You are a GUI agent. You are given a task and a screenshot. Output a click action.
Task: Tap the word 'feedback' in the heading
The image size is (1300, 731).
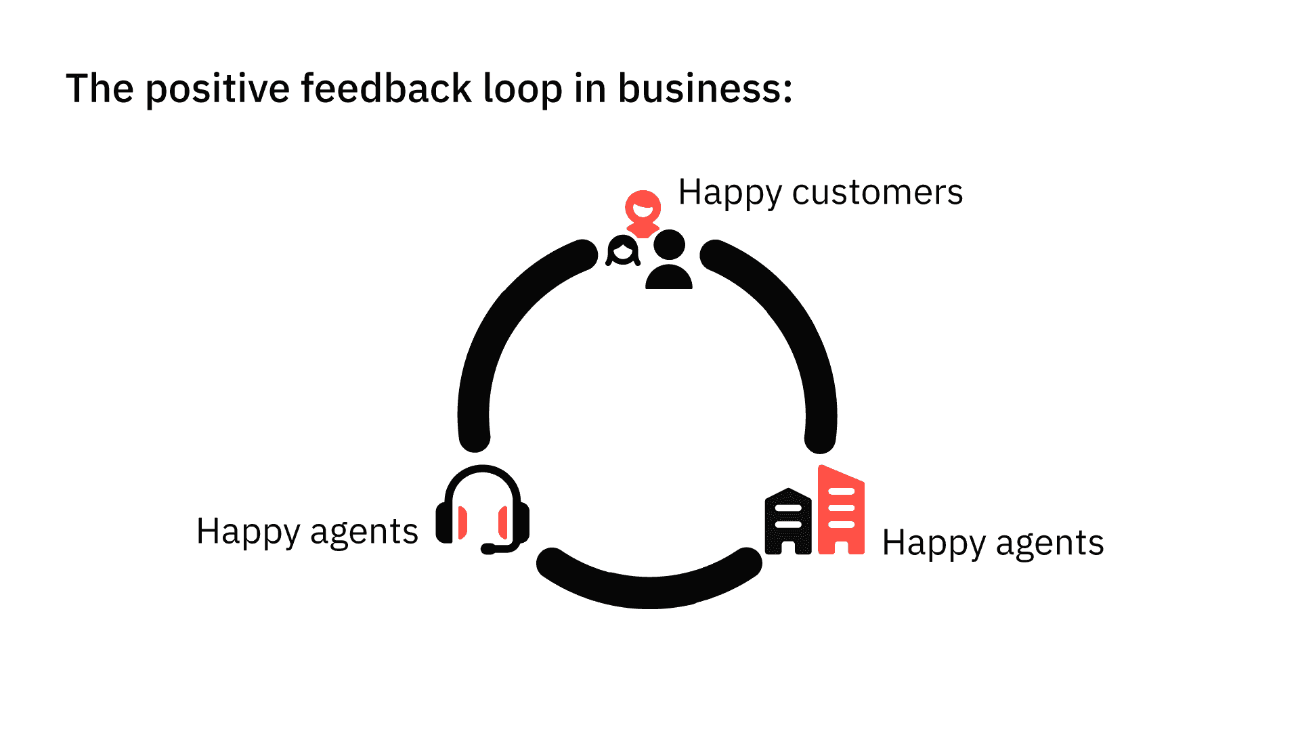coord(386,89)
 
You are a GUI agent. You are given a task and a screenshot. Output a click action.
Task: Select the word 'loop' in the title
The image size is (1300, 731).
coord(522,89)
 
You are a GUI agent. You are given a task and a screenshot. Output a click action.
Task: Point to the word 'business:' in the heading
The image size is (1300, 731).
coord(705,89)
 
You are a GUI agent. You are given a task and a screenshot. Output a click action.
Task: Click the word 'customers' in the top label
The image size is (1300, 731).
coord(877,192)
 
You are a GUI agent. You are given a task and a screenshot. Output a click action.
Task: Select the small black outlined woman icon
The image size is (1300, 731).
coord(623,251)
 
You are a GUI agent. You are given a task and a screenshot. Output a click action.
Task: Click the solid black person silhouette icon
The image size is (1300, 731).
coord(669,261)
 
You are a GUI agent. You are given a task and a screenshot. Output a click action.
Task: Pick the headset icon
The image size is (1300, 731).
coord(482,508)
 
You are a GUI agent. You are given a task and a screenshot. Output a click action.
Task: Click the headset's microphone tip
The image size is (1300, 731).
coord(487,549)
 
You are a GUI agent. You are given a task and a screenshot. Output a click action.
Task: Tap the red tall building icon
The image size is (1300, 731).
coord(841,512)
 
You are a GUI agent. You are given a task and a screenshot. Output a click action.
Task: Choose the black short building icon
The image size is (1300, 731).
coord(788,521)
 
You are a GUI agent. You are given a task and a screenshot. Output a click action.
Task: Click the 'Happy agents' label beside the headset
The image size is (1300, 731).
coord(307,531)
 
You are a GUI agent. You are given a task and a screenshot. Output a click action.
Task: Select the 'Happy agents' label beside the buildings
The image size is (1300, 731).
coord(993,543)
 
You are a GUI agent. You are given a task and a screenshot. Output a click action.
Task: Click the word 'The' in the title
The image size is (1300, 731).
coord(100,89)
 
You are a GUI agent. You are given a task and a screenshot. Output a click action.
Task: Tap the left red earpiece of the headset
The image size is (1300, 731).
coord(462,523)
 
